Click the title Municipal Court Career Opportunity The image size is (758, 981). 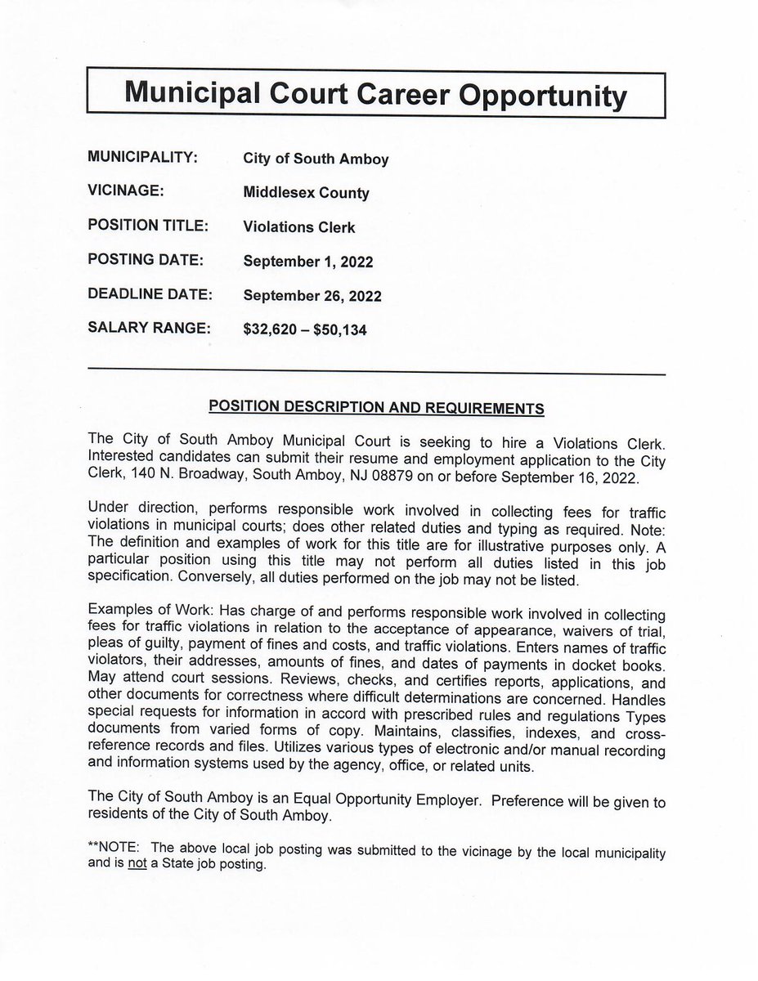[375, 96]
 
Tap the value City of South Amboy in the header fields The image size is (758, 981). [316, 159]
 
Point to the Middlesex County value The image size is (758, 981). [306, 194]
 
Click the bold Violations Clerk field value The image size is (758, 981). [299, 227]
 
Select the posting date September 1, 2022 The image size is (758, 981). [308, 262]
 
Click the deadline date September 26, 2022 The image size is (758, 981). [312, 295]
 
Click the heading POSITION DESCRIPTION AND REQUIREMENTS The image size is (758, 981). [377, 405]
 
